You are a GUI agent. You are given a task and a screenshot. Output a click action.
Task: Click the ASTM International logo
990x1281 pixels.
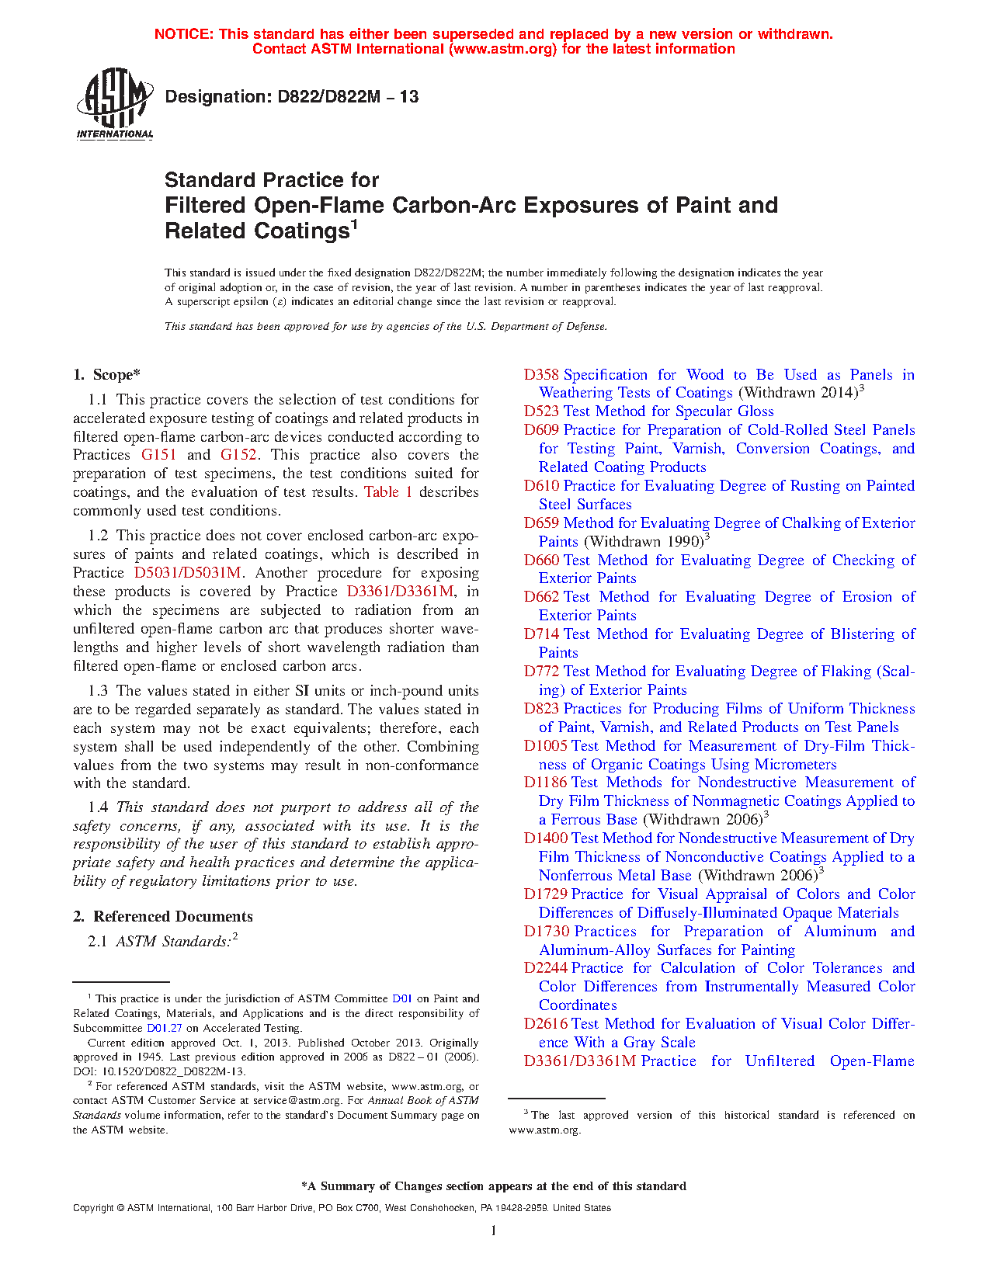pyautogui.click(x=114, y=103)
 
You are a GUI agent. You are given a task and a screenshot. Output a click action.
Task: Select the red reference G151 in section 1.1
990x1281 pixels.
pyautogui.click(x=159, y=455)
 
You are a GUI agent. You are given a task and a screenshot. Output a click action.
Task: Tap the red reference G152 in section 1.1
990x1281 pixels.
pyautogui.click(x=238, y=455)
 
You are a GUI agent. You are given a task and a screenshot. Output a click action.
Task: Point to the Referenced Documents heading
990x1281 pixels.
pyautogui.click(x=173, y=917)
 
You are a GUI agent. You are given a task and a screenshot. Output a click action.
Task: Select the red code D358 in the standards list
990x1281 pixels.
pyautogui.click(x=541, y=375)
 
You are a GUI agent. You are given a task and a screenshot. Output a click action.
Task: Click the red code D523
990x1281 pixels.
pyautogui.click(x=541, y=411)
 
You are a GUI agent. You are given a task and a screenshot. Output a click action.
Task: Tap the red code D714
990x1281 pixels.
pyautogui.click(x=541, y=634)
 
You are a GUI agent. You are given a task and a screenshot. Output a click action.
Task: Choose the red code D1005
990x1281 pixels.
pyautogui.click(x=546, y=746)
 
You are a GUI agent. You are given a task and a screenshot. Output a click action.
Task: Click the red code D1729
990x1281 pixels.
pyautogui.click(x=546, y=894)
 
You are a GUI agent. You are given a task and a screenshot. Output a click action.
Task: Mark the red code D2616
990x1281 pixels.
pyautogui.click(x=546, y=1024)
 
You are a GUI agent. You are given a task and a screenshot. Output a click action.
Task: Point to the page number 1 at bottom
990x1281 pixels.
pyautogui.click(x=494, y=1230)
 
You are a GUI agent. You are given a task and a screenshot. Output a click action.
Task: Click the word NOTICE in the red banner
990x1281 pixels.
pyautogui.click(x=183, y=34)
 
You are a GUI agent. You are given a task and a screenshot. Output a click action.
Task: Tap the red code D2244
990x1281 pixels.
pyautogui.click(x=546, y=968)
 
